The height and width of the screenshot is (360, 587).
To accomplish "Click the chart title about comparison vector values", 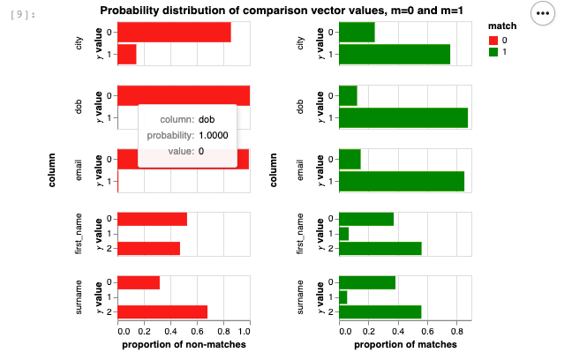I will click(x=283, y=11).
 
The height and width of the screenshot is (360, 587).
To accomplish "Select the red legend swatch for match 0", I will click(x=493, y=40).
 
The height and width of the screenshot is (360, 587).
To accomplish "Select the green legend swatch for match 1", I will click(x=493, y=52).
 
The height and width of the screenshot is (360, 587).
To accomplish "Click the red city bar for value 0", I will click(x=174, y=32).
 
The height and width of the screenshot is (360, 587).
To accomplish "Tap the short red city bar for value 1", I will click(x=127, y=54).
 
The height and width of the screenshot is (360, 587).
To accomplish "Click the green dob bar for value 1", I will click(x=403, y=117).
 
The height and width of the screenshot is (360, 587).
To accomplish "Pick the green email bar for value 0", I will click(x=350, y=159).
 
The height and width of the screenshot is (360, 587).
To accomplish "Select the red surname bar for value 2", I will click(x=162, y=311).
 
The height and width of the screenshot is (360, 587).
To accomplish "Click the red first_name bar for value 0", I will click(x=152, y=219).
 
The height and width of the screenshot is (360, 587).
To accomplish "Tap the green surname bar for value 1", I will click(x=343, y=297).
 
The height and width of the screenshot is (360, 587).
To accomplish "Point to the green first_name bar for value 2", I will click(x=380, y=248).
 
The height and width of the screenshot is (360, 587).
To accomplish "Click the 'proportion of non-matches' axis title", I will click(x=183, y=344).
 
